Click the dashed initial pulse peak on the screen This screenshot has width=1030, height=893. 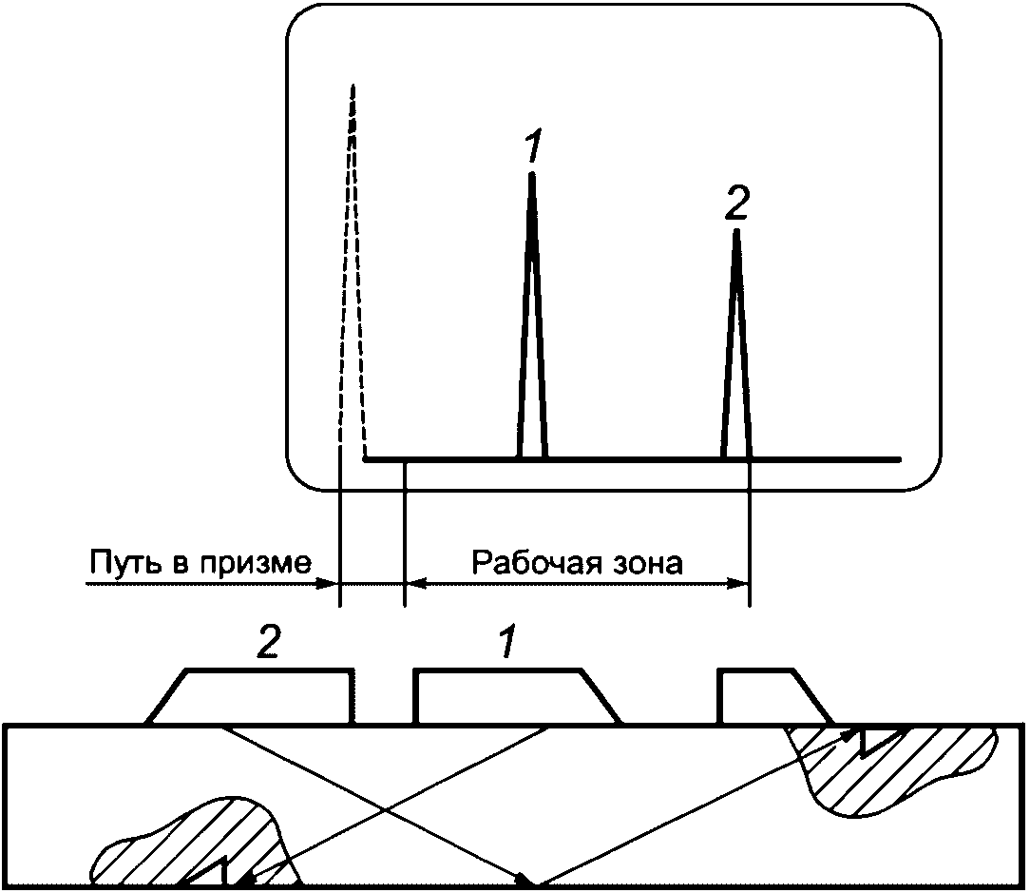pos(353,263)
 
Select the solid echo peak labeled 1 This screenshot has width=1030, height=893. pos(532,316)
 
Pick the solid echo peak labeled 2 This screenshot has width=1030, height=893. pos(737,342)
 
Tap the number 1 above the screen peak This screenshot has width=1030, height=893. pos(533,146)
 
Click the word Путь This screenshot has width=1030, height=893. pos(124,564)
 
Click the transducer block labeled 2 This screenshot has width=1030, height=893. pos(252,697)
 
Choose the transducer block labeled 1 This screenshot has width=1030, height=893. pos(516,697)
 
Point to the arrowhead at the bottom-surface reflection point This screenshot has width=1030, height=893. pos(528,879)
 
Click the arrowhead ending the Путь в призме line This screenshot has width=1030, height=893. pos(327,583)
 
